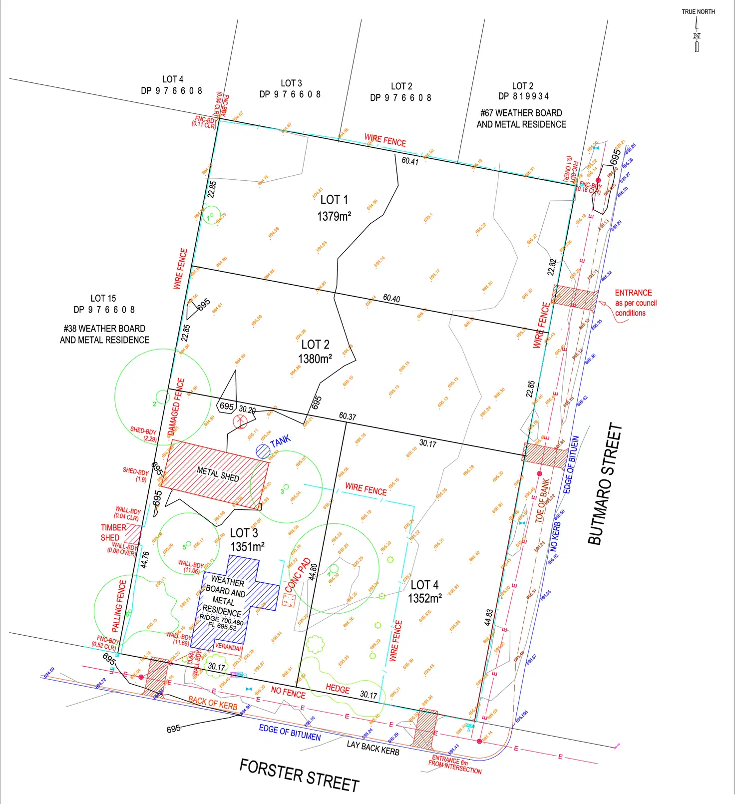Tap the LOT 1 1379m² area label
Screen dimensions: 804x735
pos(334,208)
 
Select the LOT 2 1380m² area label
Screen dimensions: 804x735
pos(315,352)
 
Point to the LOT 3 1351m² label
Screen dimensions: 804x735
pos(246,540)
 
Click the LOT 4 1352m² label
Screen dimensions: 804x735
pos(424,591)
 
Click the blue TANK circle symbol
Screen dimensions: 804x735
pos(263,451)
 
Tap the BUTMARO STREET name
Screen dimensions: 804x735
pos(605,484)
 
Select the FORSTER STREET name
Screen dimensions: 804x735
pos(299,775)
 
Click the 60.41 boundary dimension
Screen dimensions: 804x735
pos(410,161)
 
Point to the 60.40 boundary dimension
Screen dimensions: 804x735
pos(391,298)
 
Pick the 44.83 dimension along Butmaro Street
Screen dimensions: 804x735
pos(488,617)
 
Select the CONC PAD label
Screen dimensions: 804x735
pos(298,575)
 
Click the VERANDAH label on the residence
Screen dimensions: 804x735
pos(228,647)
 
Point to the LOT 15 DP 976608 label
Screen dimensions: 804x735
pos(104,304)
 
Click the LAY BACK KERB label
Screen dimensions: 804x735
pos(373,748)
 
